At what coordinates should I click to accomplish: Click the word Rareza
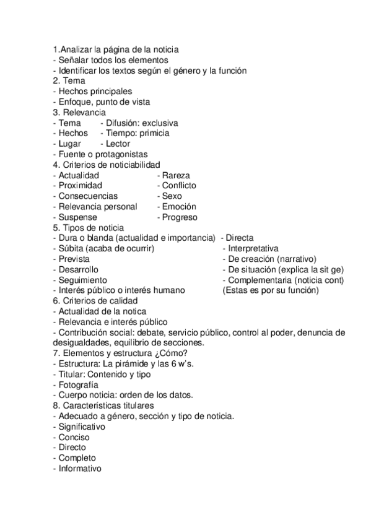point(177,175)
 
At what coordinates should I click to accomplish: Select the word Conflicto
point(179,186)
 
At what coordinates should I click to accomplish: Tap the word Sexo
point(172,196)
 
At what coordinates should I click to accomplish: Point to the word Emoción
point(179,207)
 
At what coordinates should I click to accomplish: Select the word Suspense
point(77,217)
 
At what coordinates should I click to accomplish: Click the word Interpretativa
point(254,249)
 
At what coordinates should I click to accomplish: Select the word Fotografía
point(79,385)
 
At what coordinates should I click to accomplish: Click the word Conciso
point(74,437)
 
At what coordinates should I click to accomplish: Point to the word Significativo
point(82,427)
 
